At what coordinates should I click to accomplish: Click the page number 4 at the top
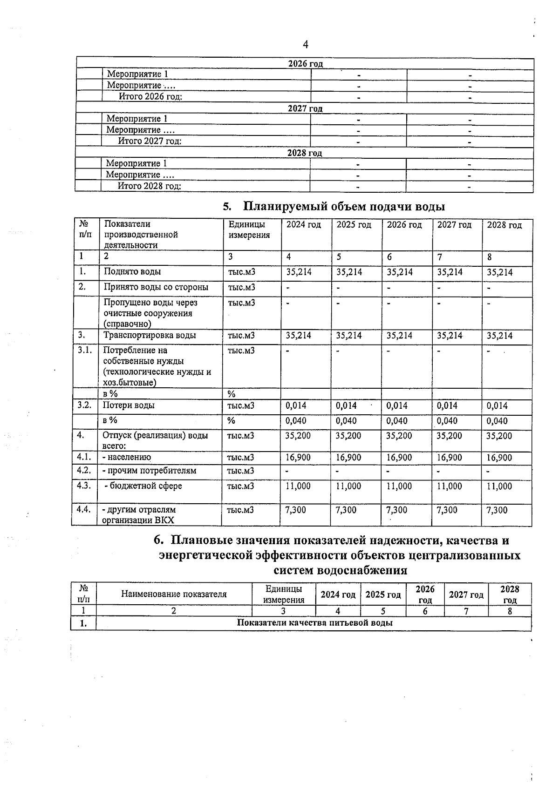tap(306, 45)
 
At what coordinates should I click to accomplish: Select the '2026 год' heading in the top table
tap(306, 64)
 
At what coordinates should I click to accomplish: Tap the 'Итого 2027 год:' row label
tap(150, 141)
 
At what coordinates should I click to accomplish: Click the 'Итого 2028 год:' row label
tap(149, 186)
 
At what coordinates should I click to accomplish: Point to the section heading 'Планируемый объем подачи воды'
tap(344, 206)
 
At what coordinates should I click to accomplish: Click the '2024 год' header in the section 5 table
tap(304, 225)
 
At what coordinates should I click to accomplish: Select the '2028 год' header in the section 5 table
tap(504, 225)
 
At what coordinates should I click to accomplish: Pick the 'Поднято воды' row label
tap(132, 272)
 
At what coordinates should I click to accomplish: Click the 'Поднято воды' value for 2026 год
tap(400, 272)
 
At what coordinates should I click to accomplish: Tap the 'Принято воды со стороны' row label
tap(156, 287)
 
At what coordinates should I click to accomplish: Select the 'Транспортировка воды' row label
tap(150, 336)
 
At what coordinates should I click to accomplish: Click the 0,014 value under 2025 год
tap(347, 406)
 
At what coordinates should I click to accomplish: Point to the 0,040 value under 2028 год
tap(497, 421)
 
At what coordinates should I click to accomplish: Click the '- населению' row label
tap(127, 458)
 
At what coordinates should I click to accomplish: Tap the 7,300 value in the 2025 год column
tap(346, 510)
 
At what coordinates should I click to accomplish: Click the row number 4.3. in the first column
tap(84, 486)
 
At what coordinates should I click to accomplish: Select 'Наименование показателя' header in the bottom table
tap(174, 594)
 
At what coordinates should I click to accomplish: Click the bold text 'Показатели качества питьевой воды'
tap(314, 623)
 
